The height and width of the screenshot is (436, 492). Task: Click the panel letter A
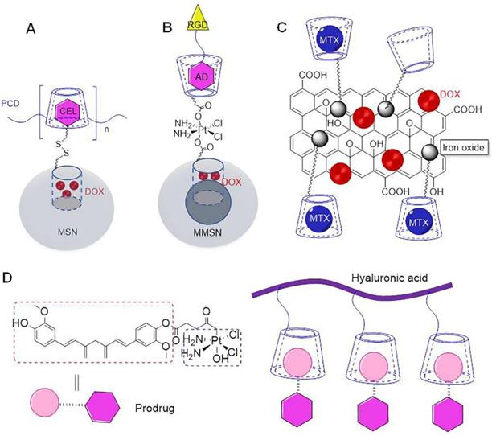pos(30,30)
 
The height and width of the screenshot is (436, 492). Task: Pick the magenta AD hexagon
pos(202,76)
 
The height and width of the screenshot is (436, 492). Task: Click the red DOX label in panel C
pos(449,94)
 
